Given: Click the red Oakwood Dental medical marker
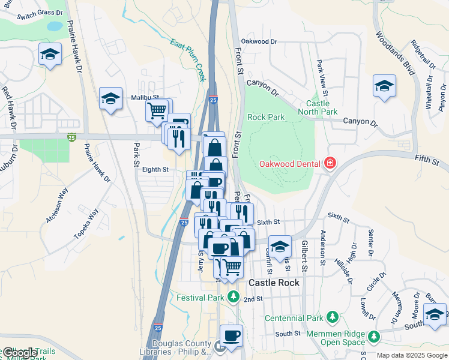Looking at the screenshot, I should tap(329, 163).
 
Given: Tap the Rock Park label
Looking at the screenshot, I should tap(266, 117).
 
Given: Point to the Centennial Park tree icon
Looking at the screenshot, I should tap(332, 316).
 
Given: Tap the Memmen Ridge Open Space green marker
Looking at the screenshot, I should tap(374, 335).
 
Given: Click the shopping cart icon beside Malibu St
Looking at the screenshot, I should tap(157, 109).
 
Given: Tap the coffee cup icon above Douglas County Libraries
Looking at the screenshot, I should tap(231, 335).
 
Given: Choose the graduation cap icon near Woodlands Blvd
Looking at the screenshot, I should tap(384, 85).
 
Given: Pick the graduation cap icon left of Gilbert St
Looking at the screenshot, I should tap(280, 245).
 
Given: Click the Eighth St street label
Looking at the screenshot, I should tap(155, 170).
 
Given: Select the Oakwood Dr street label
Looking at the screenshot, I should tap(259, 41).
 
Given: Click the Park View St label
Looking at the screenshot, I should tap(322, 77).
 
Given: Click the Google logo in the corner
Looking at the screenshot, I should tap(19, 353).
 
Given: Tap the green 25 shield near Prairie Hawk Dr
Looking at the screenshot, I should tap(71, 137).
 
